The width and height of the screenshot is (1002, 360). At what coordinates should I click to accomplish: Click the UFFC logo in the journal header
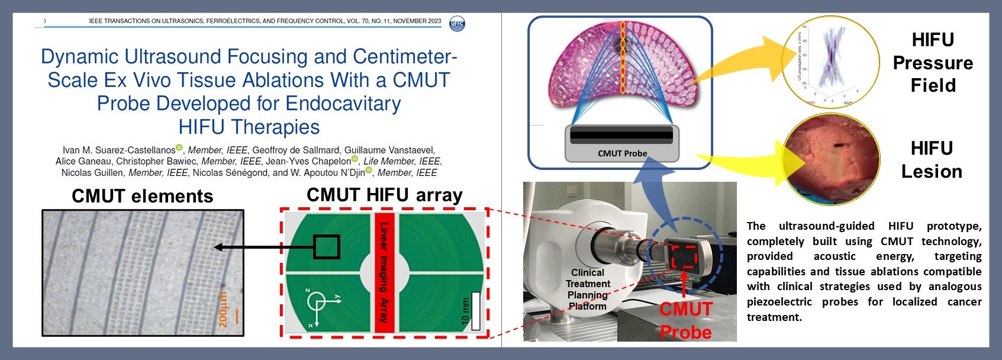coord(457,24)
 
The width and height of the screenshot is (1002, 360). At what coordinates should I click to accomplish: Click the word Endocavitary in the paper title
coord(343,104)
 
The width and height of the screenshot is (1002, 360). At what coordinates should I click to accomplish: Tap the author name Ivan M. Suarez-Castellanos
coord(119,150)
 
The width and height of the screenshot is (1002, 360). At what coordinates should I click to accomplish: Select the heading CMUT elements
coord(142,196)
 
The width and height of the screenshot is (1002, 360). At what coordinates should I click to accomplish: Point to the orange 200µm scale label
coord(223,308)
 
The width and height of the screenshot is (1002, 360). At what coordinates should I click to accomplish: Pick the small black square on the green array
coord(326,247)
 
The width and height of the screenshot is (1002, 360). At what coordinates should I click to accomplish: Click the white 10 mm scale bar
coord(475,311)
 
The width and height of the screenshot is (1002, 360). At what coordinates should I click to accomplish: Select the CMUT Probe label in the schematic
coord(622,153)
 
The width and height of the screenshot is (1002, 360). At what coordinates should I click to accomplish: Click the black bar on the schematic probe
coord(621,135)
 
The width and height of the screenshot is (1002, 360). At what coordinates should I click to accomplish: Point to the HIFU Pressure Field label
coord(933,63)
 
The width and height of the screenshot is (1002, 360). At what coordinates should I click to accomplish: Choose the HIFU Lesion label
coord(932,160)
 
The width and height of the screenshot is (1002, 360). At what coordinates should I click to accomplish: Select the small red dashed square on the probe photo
coord(684,257)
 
